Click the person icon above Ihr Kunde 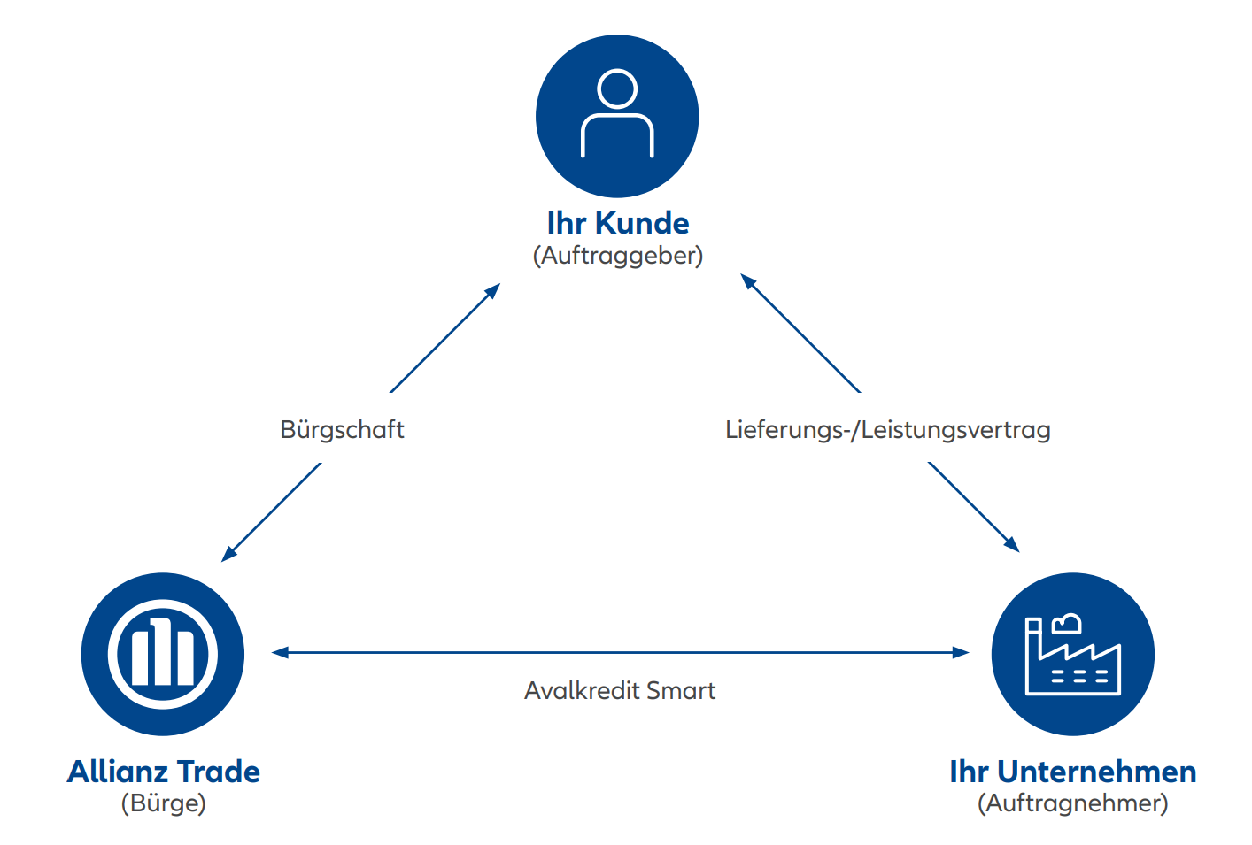coord(617,116)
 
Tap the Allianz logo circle coord(163,654)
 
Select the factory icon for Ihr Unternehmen coord(1072,654)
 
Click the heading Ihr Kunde coord(617,223)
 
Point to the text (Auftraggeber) coord(617,256)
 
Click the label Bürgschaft coord(342,430)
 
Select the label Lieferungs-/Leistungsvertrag coord(887,430)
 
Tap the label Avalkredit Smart coord(620,690)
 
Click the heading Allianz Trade coord(164,772)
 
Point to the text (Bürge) coord(164,803)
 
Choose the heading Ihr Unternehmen coord(1072,772)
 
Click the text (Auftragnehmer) coord(1072,803)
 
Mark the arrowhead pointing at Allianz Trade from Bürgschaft coord(228,555)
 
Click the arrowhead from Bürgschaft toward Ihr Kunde coord(494,289)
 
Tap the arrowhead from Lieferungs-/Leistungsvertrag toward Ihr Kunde coord(747,280)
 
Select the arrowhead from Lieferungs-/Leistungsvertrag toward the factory coord(1013,546)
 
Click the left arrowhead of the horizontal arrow coord(279,653)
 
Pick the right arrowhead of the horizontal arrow coord(962,653)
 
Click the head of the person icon coord(617,88)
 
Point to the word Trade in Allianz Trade coord(219,772)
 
